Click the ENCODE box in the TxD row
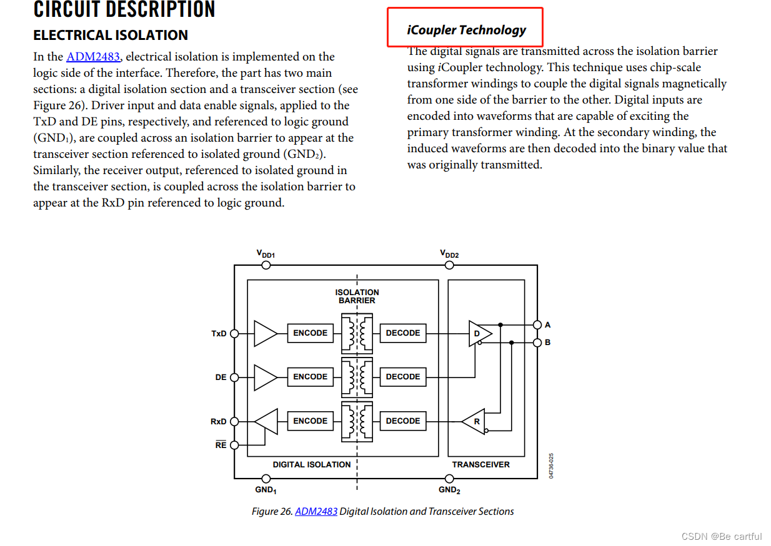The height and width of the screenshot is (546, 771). tap(311, 333)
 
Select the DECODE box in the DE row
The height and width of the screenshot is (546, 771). tap(403, 377)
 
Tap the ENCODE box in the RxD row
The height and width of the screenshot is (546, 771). tap(311, 421)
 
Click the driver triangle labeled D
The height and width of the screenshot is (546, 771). tap(479, 333)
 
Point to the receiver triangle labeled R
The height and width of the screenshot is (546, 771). tap(474, 422)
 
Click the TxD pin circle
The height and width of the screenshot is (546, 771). tap(235, 333)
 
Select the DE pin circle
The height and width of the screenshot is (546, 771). tap(235, 377)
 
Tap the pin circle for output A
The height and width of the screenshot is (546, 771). tap(537, 325)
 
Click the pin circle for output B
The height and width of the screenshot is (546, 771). tap(537, 343)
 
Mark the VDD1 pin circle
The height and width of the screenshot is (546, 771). tap(266, 265)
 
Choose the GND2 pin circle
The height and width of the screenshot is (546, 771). tap(449, 479)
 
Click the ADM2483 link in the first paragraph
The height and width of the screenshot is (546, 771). tap(93, 57)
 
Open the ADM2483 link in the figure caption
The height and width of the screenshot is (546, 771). tap(316, 512)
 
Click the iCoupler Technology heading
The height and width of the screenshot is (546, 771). tap(466, 30)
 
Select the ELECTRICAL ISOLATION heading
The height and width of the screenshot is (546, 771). tap(111, 35)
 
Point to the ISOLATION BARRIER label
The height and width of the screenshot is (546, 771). tap(357, 296)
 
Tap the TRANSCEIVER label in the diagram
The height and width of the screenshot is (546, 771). tap(480, 464)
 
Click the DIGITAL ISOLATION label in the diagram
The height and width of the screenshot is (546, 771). tap(312, 464)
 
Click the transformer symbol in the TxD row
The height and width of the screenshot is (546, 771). tap(357, 333)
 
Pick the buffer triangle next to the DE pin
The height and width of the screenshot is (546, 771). tap(265, 377)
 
